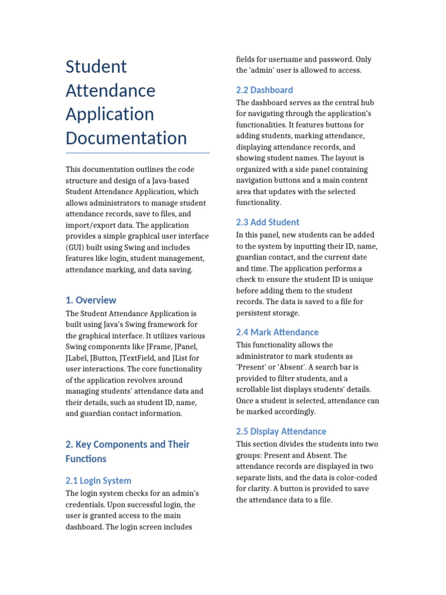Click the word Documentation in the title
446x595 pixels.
tap(126, 138)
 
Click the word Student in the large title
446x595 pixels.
tap(96, 67)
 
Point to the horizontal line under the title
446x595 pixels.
tap(138, 153)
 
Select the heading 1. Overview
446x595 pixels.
tap(91, 300)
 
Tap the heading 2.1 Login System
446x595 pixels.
tap(98, 481)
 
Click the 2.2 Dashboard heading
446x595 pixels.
tap(264, 90)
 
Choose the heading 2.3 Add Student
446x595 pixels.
tap(268, 222)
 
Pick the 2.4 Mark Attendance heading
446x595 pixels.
tap(277, 332)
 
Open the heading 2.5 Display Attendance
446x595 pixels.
tap(281, 431)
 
